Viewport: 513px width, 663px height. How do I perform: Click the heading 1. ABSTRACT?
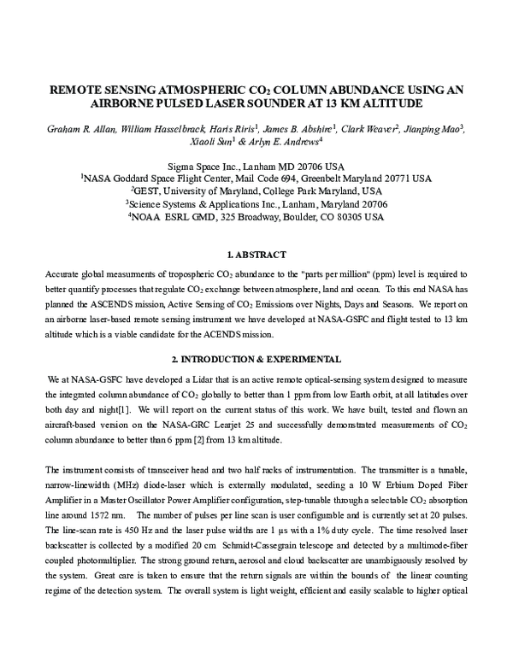click(x=256, y=255)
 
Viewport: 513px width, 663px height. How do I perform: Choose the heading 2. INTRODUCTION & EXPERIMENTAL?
click(x=256, y=358)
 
